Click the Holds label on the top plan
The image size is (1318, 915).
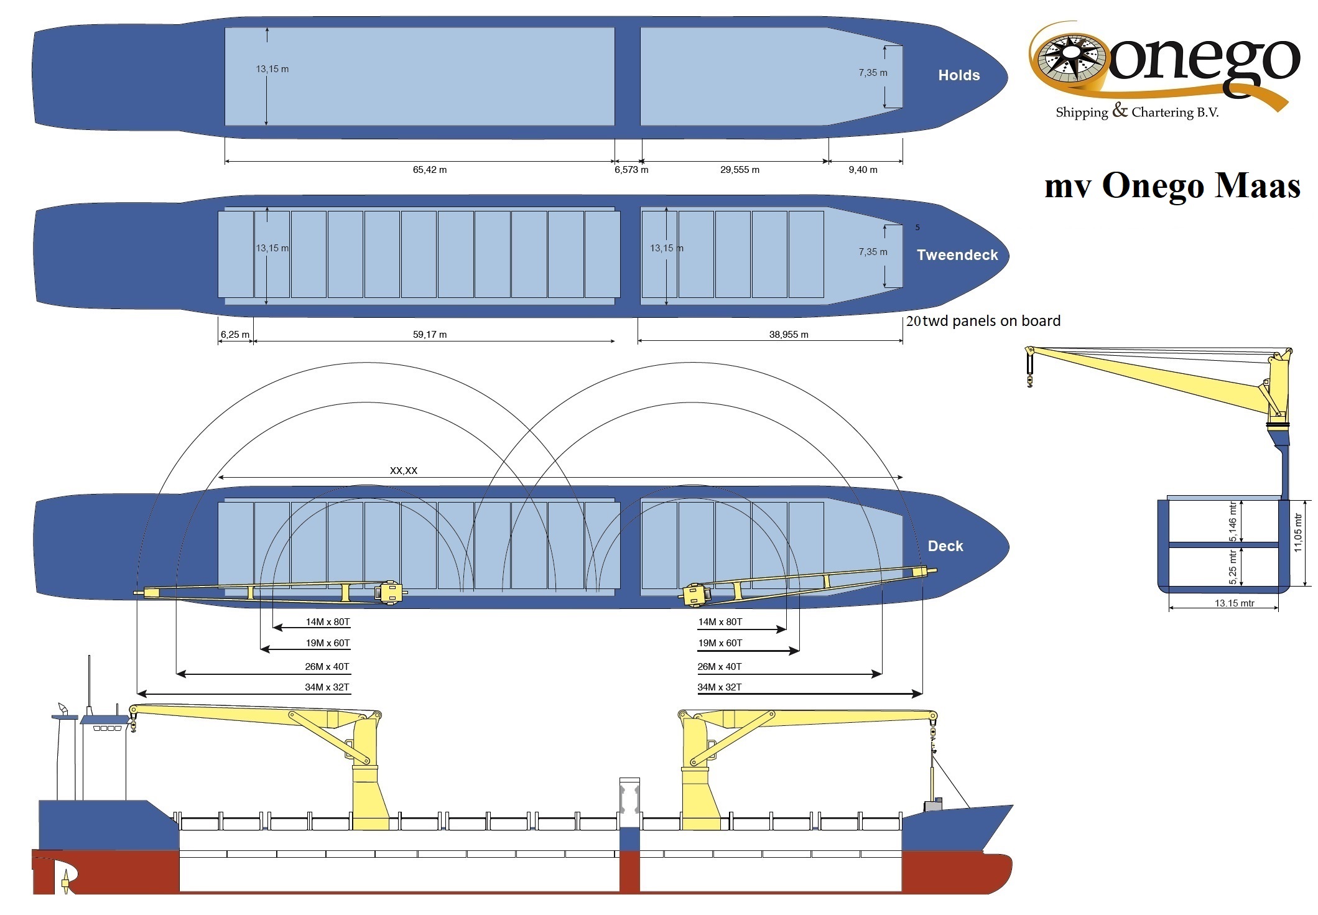tap(958, 75)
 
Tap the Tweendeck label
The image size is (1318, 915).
tap(957, 255)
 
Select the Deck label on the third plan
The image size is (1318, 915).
tap(945, 546)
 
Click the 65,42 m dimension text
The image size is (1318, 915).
tap(430, 170)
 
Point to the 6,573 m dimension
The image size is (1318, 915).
tap(631, 170)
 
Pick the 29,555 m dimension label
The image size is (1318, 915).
tap(740, 170)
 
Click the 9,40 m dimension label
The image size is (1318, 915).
tap(863, 170)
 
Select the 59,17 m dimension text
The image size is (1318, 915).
tap(430, 335)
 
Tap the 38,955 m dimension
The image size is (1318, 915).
tap(789, 335)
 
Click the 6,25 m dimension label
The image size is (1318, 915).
tap(234, 335)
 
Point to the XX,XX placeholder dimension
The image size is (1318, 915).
tap(404, 470)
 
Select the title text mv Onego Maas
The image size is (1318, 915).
tap(1172, 185)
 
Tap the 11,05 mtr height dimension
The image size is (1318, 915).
tap(1297, 532)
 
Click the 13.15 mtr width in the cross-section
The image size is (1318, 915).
tap(1235, 603)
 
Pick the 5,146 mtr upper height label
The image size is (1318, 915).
tap(1233, 521)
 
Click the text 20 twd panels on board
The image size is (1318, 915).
tap(983, 321)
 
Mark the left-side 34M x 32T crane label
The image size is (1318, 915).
tap(327, 687)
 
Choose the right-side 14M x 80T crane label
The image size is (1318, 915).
tap(720, 622)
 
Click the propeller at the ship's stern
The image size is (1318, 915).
tap(65, 881)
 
